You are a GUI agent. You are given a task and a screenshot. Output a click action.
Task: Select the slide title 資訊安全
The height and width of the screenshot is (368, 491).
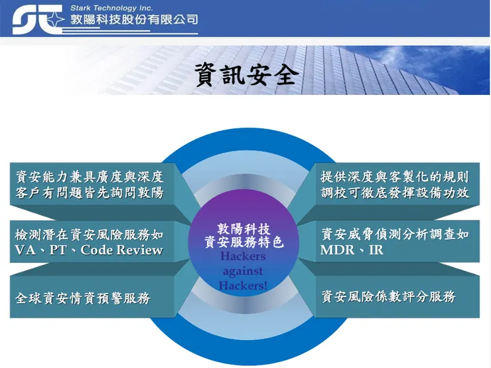coord(245,75)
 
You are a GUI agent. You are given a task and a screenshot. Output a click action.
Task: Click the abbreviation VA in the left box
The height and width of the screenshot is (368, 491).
coord(25,250)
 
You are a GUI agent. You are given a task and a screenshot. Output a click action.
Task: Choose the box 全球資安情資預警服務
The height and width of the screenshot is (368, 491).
coord(83,298)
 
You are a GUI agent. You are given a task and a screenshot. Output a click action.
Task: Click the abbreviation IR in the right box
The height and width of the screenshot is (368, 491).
coord(376,250)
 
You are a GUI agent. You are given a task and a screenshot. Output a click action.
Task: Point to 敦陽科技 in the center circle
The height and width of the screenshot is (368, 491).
coord(244,228)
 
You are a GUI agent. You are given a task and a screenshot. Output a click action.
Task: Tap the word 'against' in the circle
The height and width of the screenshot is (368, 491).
coord(243,271)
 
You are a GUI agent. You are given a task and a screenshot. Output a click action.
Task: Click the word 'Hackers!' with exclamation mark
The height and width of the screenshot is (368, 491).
coord(243,285)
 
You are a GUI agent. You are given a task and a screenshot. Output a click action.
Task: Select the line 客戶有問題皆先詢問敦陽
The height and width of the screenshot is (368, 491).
coord(90,193)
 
